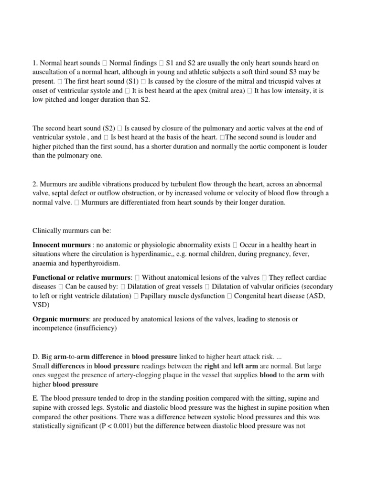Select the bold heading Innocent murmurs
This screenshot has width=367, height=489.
click(x=61, y=245)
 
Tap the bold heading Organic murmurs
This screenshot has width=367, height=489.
click(x=60, y=319)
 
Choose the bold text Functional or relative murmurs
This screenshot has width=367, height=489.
click(x=82, y=277)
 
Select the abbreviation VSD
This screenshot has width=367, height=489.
click(x=41, y=305)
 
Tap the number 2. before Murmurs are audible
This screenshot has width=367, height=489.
click(x=36, y=184)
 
